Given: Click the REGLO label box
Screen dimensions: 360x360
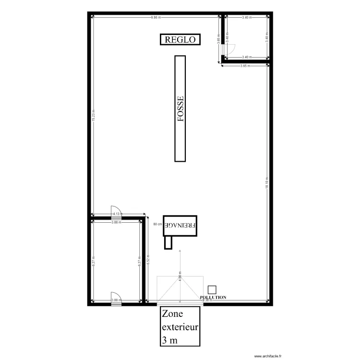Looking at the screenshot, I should [180, 40].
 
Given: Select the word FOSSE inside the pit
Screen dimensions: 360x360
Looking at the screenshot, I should [180, 109].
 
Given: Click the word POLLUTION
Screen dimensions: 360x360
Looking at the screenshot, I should [213, 298].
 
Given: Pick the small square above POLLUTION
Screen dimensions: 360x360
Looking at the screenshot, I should [212, 290].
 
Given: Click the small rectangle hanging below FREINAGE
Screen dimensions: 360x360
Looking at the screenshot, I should [168, 243].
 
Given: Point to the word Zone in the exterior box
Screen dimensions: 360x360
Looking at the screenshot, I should [173, 314].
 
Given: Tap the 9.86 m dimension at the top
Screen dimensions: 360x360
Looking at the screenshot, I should [156, 18].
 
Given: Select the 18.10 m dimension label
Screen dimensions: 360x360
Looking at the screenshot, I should [267, 182].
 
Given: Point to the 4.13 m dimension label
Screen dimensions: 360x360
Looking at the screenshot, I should [116, 214].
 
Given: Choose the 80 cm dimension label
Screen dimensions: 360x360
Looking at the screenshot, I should [157, 224].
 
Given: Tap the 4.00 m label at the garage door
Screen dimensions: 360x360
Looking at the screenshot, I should [180, 277].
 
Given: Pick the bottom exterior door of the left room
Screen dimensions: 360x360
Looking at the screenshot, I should [116, 298].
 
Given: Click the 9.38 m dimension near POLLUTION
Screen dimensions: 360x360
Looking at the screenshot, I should [207, 300].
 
